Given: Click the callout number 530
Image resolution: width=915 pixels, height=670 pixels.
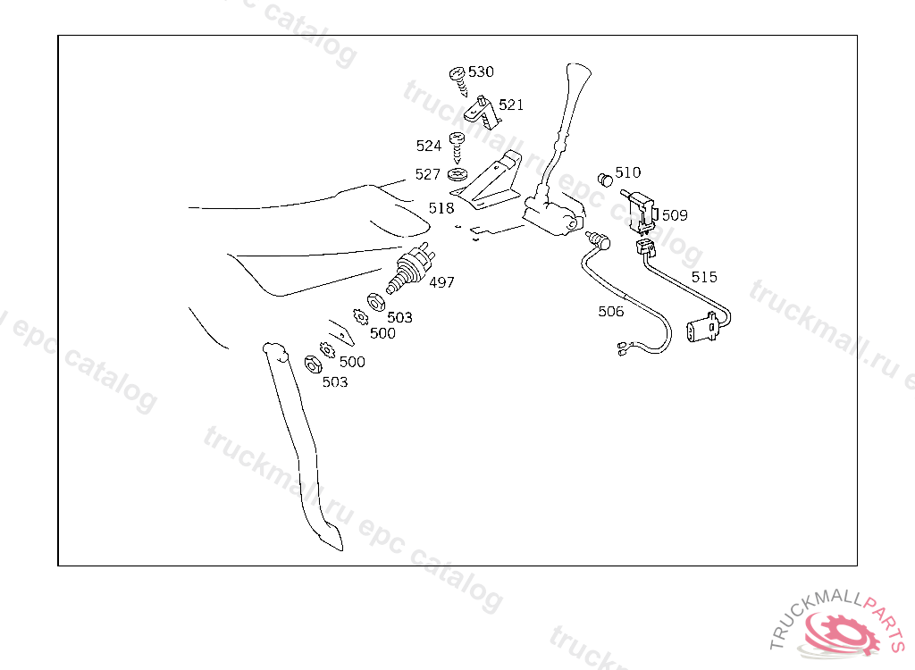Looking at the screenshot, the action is tap(481, 71).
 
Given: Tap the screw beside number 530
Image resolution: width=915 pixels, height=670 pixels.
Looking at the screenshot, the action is tap(458, 81).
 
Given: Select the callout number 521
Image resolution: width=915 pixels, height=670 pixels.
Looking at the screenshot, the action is tap(511, 105).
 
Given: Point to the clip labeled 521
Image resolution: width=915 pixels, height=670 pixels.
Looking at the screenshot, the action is tap(483, 112).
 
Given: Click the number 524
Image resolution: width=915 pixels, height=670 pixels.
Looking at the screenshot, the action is tap(429, 146).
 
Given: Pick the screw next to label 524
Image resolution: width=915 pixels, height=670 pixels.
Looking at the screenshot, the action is tap(457, 147).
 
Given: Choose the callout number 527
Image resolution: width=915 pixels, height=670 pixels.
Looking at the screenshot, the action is tap(428, 174).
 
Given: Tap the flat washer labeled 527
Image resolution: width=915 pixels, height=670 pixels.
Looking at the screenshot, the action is tap(458, 174).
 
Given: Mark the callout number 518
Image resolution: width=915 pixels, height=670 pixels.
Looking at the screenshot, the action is tap(441, 208).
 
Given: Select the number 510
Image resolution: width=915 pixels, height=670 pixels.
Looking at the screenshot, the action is tap(628, 172).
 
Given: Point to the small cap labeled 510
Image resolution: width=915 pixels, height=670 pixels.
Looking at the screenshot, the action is tap(606, 180).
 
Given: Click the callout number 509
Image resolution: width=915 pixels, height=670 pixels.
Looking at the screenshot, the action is tap(675, 215).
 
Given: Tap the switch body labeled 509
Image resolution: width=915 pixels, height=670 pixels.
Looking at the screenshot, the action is tap(642, 209).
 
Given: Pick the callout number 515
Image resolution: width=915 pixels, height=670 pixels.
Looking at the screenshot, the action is tap(704, 277).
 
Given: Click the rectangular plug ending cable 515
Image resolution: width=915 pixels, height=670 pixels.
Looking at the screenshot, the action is tap(702, 328).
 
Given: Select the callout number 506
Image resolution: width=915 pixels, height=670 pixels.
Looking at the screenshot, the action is tap(611, 312).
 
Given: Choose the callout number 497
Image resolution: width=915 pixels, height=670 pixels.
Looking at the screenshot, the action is tap(441, 282).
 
